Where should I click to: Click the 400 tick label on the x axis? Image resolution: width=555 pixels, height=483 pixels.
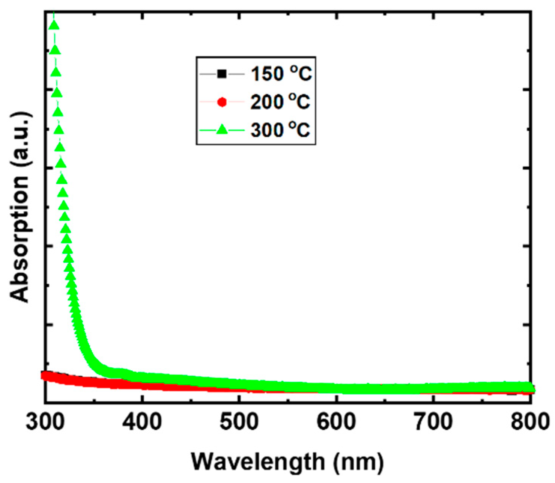tap(142, 422)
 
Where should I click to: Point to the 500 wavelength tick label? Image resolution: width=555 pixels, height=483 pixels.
tap(239, 422)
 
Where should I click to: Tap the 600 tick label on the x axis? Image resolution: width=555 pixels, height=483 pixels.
tap(336, 422)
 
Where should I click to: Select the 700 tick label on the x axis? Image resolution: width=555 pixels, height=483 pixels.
tap(433, 422)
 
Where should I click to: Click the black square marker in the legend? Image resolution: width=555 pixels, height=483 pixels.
tap(222, 74)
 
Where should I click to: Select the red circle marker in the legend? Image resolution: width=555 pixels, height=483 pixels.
tap(222, 102)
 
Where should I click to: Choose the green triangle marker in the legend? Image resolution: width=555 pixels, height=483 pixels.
tap(222, 130)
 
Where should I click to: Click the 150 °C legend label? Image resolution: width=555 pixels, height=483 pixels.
tap(281, 74)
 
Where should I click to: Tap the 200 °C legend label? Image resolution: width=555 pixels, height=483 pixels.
tap(280, 102)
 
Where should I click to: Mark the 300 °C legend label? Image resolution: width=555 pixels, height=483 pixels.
tap(280, 130)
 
